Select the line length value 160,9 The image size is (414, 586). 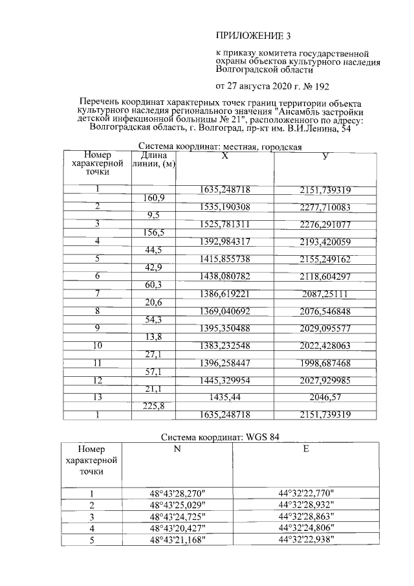click(x=153, y=197)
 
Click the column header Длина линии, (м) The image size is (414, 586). click(x=153, y=160)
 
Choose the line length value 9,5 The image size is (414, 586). click(x=153, y=214)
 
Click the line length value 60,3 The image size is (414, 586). click(x=153, y=285)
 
